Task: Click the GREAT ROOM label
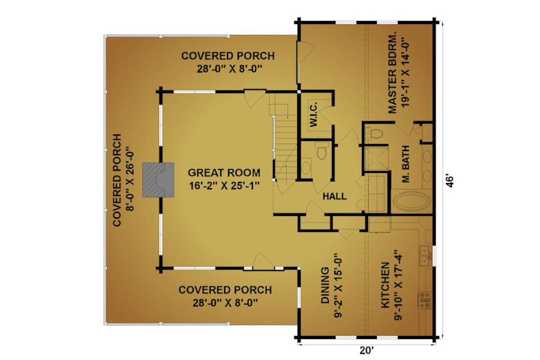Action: tap(224, 172)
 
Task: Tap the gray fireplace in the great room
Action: tap(158, 180)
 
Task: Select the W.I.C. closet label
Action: tap(313, 115)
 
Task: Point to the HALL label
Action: tap(334, 196)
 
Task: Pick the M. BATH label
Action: tap(406, 163)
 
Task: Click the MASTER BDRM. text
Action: tap(392, 73)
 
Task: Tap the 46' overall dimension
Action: tap(450, 181)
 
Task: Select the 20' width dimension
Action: tap(367, 350)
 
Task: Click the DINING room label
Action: tap(325, 286)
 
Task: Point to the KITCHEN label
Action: tap(385, 285)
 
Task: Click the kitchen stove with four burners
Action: tap(425, 300)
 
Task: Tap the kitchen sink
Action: tap(425, 255)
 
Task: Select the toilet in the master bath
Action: tap(374, 133)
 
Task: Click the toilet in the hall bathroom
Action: tap(322, 151)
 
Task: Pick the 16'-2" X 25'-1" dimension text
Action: tap(224, 185)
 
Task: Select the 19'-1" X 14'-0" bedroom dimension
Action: tap(406, 73)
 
